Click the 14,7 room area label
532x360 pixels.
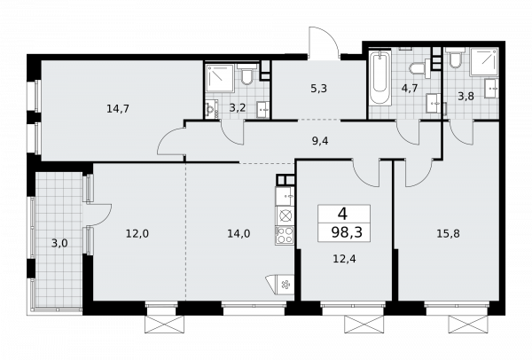pyautogui.click(x=118, y=109)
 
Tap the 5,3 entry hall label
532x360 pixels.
pyautogui.click(x=318, y=89)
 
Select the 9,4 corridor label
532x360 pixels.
pyautogui.click(x=320, y=140)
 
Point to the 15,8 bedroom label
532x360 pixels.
pyautogui.click(x=448, y=234)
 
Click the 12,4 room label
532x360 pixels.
pyautogui.click(x=345, y=259)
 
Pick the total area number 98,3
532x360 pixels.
pyautogui.click(x=347, y=232)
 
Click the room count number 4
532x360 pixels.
pyautogui.click(x=342, y=214)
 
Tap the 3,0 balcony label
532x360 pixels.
pyautogui.click(x=59, y=243)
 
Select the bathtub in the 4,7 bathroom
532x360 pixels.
pyautogui.click(x=380, y=77)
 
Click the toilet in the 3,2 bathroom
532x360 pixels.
pyautogui.click(x=246, y=76)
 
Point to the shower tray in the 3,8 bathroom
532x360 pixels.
pyautogui.click(x=484, y=62)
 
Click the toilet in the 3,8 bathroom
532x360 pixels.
pyautogui.click(x=455, y=58)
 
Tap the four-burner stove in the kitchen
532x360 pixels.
pyautogui.click(x=285, y=235)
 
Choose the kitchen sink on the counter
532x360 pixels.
pyautogui.click(x=285, y=197)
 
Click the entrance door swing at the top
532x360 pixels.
pyautogui.click(x=324, y=43)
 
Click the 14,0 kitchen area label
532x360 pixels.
pyautogui.click(x=239, y=233)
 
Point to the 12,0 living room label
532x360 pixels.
pyautogui.click(x=137, y=233)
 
